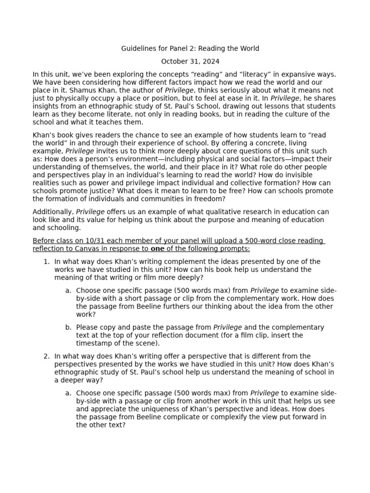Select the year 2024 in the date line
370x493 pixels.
[211, 61]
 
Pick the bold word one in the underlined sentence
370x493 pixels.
[158, 249]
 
